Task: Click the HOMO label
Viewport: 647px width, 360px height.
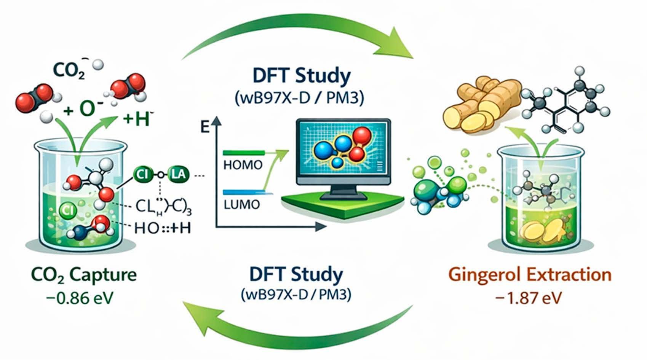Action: click(243, 165)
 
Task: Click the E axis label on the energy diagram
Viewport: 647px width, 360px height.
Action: click(205, 127)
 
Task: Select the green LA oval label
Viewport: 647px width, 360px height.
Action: click(178, 175)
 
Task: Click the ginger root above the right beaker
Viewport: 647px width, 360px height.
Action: click(482, 103)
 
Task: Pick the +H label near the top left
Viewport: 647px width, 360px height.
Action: click(136, 119)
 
